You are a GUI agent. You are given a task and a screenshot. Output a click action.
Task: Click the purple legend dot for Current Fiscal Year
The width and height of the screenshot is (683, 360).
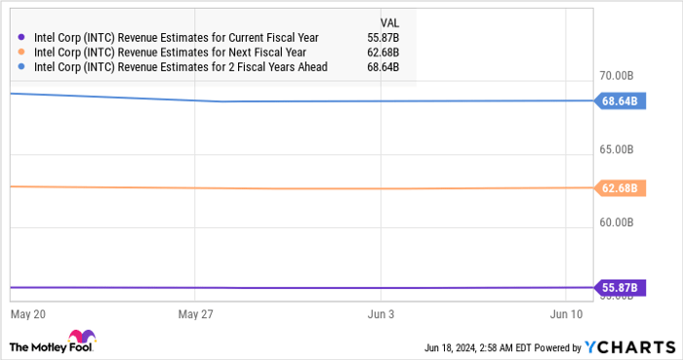point(22,37)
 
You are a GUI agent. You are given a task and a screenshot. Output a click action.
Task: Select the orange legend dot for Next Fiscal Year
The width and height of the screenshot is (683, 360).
point(22,52)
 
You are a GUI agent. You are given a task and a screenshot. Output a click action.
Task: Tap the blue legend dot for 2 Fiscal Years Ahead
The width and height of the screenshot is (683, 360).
point(22,66)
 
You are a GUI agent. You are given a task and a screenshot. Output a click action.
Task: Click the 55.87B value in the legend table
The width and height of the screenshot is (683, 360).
point(388,37)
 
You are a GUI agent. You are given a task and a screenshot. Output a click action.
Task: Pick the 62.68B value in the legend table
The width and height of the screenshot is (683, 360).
point(388,52)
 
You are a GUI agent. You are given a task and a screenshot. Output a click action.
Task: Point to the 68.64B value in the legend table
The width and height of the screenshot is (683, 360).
point(388,66)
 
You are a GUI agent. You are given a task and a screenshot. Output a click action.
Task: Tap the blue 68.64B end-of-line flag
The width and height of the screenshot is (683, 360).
point(619,100)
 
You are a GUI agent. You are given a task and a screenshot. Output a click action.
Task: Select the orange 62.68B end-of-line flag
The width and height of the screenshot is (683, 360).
point(619,188)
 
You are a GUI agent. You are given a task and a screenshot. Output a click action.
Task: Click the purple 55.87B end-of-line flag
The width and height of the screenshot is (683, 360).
point(619,288)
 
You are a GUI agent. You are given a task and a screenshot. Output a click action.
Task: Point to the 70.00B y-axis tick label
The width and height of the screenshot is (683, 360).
point(618,76)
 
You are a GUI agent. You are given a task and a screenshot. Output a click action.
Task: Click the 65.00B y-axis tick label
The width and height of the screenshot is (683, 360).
point(618,149)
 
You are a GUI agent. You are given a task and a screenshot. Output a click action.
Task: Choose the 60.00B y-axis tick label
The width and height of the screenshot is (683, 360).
point(618,222)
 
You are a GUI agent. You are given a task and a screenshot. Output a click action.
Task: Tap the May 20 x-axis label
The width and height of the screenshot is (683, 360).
point(28,315)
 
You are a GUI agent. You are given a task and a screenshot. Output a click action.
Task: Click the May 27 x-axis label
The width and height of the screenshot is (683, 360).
point(196,315)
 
